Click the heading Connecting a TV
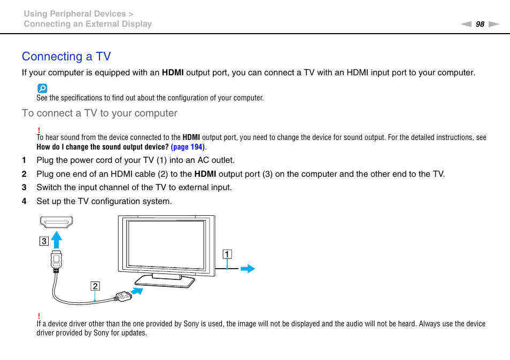pyautogui.click(x=66, y=57)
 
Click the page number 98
pyautogui.click(x=480, y=24)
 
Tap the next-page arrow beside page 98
pyautogui.click(x=493, y=24)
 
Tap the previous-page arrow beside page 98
pyautogui.click(x=466, y=24)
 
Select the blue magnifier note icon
pyautogui.click(x=42, y=89)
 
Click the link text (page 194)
pyautogui.click(x=188, y=147)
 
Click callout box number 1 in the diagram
pyautogui.click(x=228, y=254)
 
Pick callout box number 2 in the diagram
pyautogui.click(x=95, y=286)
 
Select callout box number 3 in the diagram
pyautogui.click(x=44, y=241)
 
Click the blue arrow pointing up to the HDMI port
pyautogui.click(x=57, y=239)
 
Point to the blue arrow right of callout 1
pyautogui.click(x=248, y=269)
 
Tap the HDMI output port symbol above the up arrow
pyautogui.click(x=56, y=222)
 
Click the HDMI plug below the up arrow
pyautogui.click(x=57, y=260)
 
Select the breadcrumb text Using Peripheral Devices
pyautogui.click(x=74, y=14)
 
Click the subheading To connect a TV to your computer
pyautogui.click(x=99, y=113)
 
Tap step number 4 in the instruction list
pyautogui.click(x=24, y=201)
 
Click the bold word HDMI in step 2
pyautogui.click(x=205, y=174)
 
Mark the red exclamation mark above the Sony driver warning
pyautogui.click(x=39, y=316)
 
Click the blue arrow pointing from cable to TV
pyautogui.click(x=138, y=291)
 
